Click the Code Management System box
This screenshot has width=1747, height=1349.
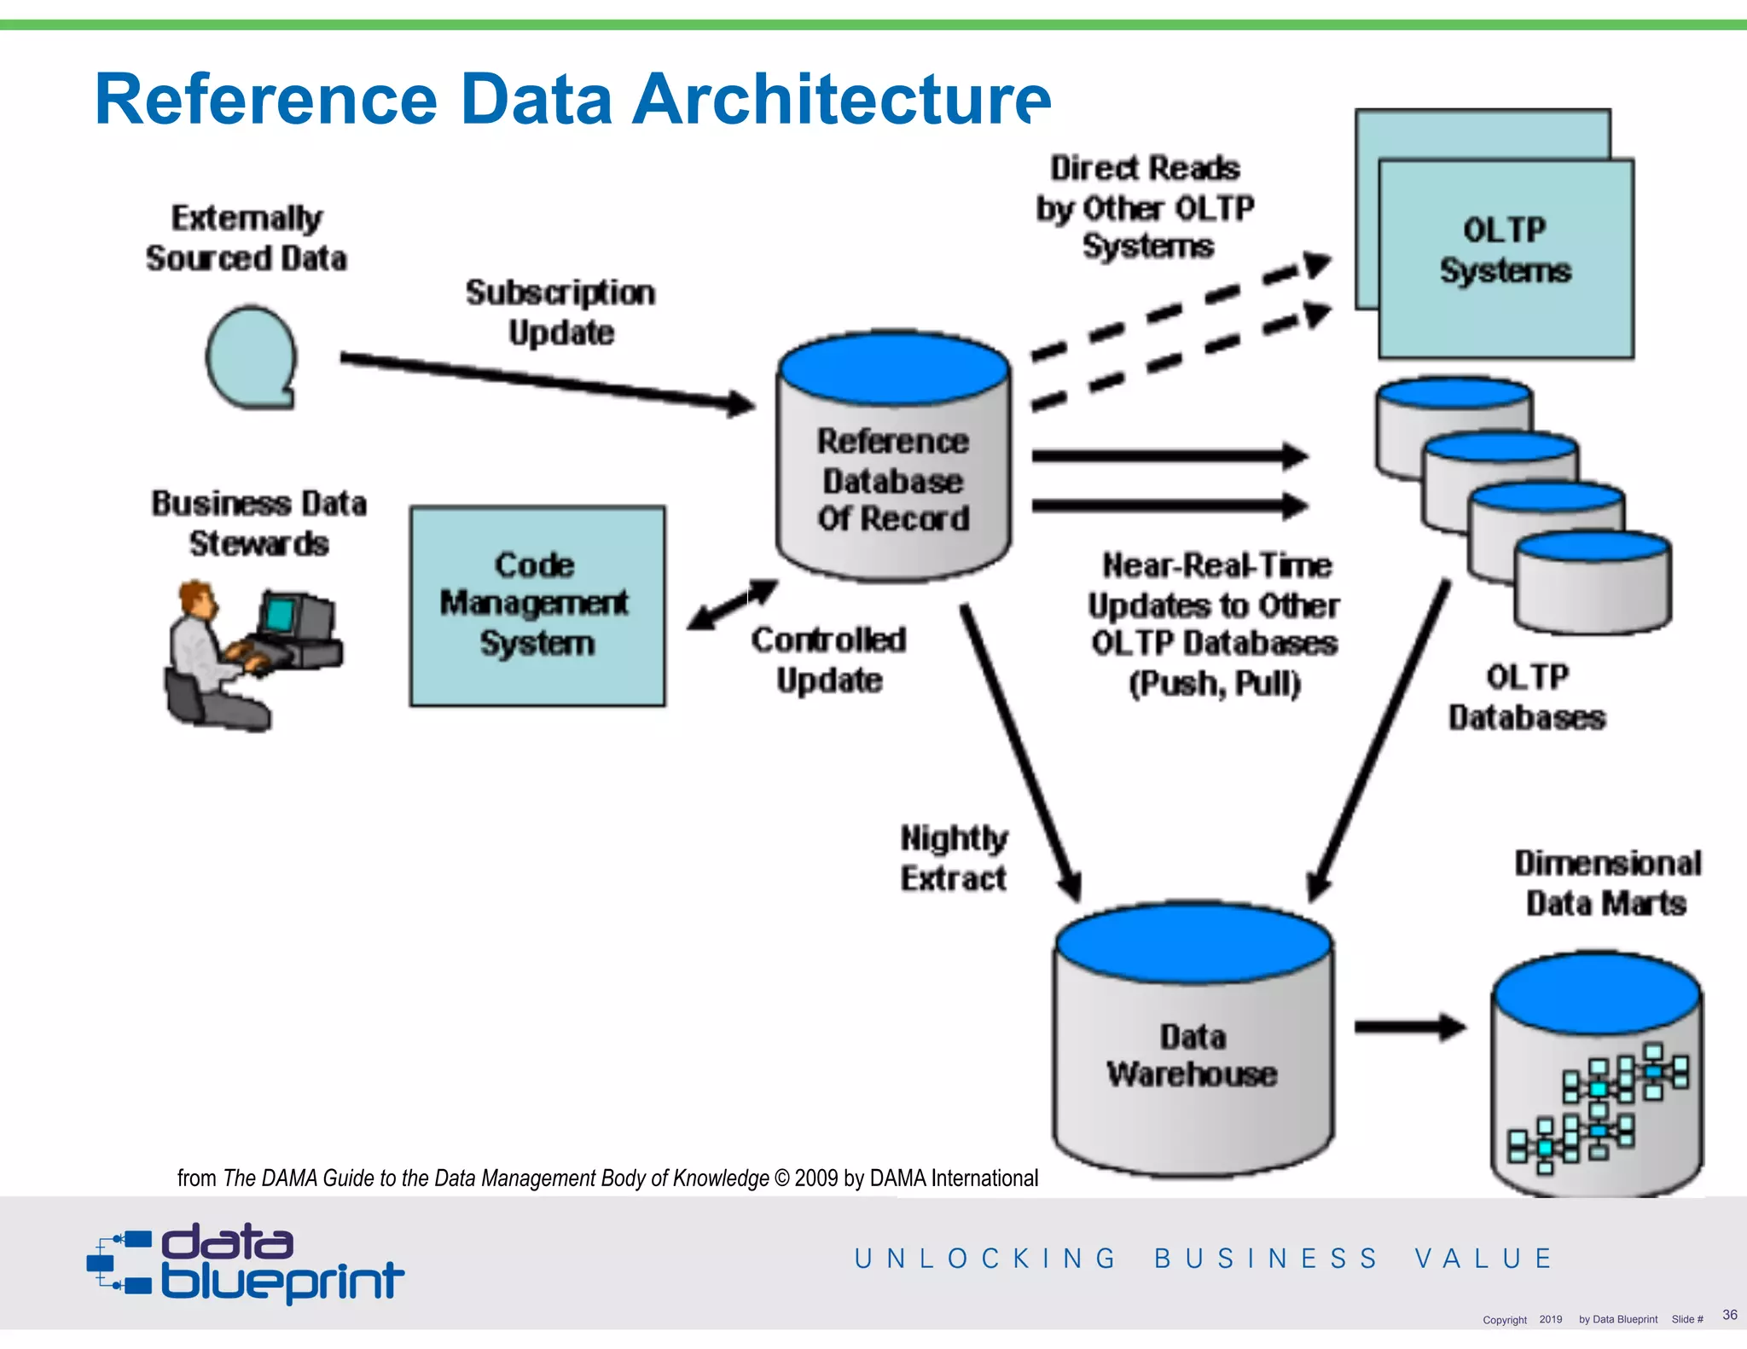[x=537, y=605]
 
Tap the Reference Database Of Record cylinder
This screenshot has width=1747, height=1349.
[x=893, y=478]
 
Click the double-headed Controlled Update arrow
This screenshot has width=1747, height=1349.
[x=733, y=605]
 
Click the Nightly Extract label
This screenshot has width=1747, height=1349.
[x=954, y=858]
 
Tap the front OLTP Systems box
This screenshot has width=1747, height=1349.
[x=1506, y=256]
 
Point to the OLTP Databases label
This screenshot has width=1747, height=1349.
[x=1527, y=698]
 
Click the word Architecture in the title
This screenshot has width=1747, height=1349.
[x=840, y=100]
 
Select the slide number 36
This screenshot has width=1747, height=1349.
[x=1729, y=1314]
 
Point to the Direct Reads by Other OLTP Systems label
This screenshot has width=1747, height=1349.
[x=1145, y=207]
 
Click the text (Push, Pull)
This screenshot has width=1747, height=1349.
[x=1215, y=684]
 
